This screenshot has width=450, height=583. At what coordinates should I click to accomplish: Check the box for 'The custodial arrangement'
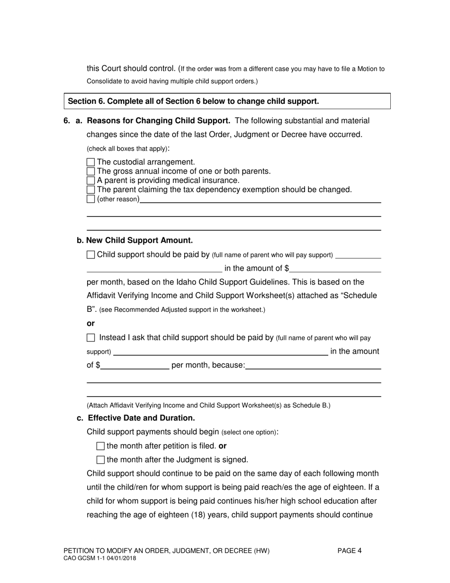coord(91,162)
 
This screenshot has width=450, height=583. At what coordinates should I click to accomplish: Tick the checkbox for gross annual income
coord(91,171)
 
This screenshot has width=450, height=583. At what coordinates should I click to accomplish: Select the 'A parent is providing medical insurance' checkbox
coord(91,181)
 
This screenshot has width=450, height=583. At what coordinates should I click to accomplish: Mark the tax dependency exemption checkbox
coord(91,190)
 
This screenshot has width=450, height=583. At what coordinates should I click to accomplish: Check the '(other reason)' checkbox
coord(91,199)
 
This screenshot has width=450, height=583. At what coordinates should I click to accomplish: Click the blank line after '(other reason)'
coord(260,200)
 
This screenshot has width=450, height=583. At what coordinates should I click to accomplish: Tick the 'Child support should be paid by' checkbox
coord(91,255)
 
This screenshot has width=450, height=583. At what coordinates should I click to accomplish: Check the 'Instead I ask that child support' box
coord(91,338)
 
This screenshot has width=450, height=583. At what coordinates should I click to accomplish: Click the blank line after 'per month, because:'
coord(313,366)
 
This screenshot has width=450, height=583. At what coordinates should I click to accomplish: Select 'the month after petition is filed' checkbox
coord(100,446)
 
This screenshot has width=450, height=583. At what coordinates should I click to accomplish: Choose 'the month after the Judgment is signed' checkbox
coord(100,460)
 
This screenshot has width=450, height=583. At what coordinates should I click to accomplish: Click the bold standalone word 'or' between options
coord(90,323)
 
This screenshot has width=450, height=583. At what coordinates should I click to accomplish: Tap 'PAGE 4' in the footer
coord(350,551)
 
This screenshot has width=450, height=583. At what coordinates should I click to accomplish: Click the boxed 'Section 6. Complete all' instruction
coord(193,101)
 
